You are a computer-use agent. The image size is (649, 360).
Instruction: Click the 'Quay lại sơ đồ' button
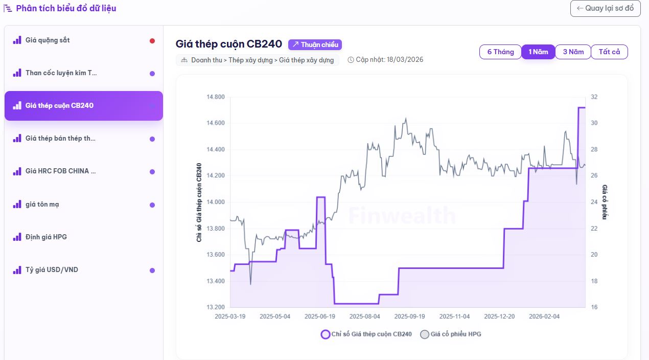click(605, 8)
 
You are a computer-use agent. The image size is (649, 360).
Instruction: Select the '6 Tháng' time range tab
click(500, 52)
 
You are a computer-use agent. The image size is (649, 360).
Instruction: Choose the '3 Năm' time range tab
click(573, 52)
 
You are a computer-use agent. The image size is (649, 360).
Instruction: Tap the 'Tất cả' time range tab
click(609, 52)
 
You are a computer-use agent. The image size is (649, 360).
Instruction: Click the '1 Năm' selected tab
click(538, 52)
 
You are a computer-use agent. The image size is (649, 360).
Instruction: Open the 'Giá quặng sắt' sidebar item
click(48, 40)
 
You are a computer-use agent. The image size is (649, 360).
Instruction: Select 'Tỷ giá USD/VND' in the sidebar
click(52, 269)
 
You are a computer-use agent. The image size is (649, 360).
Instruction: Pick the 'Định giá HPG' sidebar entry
click(46, 237)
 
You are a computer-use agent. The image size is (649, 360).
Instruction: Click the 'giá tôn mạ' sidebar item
click(42, 204)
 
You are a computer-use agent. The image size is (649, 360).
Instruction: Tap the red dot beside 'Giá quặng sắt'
click(152, 41)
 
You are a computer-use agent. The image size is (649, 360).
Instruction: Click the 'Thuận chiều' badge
click(315, 44)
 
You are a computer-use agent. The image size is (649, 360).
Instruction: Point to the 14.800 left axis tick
click(215, 97)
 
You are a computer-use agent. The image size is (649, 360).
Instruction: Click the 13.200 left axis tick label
click(215, 307)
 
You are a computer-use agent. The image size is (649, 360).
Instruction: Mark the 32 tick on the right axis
click(594, 97)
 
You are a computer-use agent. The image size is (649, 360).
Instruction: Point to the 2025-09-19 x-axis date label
click(409, 317)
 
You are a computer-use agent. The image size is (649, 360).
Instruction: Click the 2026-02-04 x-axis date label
click(544, 317)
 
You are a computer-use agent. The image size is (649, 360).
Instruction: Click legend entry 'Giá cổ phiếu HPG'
click(450, 334)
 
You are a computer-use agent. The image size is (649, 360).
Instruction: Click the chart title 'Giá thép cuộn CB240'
click(228, 44)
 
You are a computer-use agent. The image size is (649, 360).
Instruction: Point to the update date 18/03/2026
click(405, 60)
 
